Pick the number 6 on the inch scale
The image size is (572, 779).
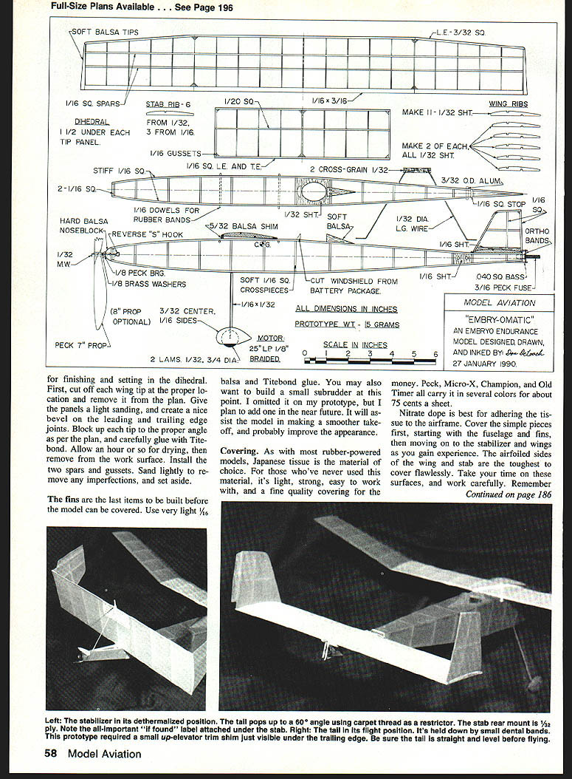pyautogui.click(x=435, y=353)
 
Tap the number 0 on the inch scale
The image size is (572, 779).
pyautogui.click(x=305, y=353)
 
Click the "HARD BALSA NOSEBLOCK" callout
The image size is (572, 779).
pyautogui.click(x=85, y=225)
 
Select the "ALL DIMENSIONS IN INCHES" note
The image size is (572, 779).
pyautogui.click(x=346, y=309)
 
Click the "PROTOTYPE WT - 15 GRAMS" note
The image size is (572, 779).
pyautogui.click(x=345, y=324)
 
